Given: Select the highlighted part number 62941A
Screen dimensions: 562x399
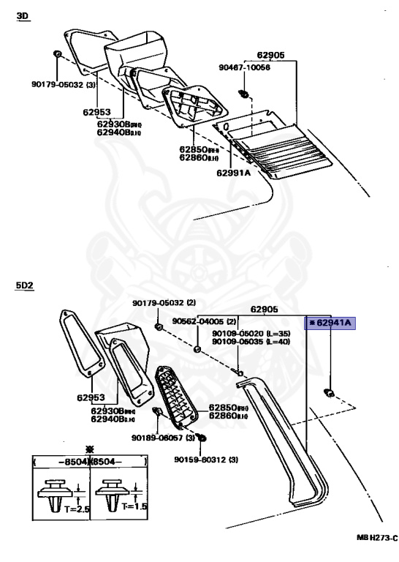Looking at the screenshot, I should (330, 322).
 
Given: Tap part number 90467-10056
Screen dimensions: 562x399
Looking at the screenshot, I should (244, 67).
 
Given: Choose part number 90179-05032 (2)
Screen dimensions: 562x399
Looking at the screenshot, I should (164, 303).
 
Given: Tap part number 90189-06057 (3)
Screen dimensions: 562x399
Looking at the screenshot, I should (164, 438).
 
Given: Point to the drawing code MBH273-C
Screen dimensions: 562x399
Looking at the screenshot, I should (376, 538).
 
